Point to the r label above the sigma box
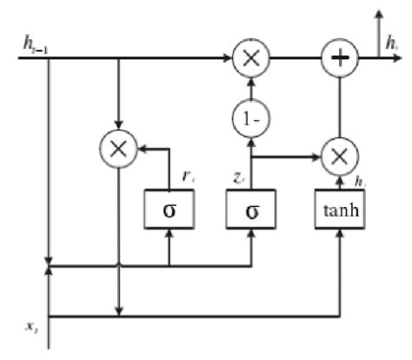185,174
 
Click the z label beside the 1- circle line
238,176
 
